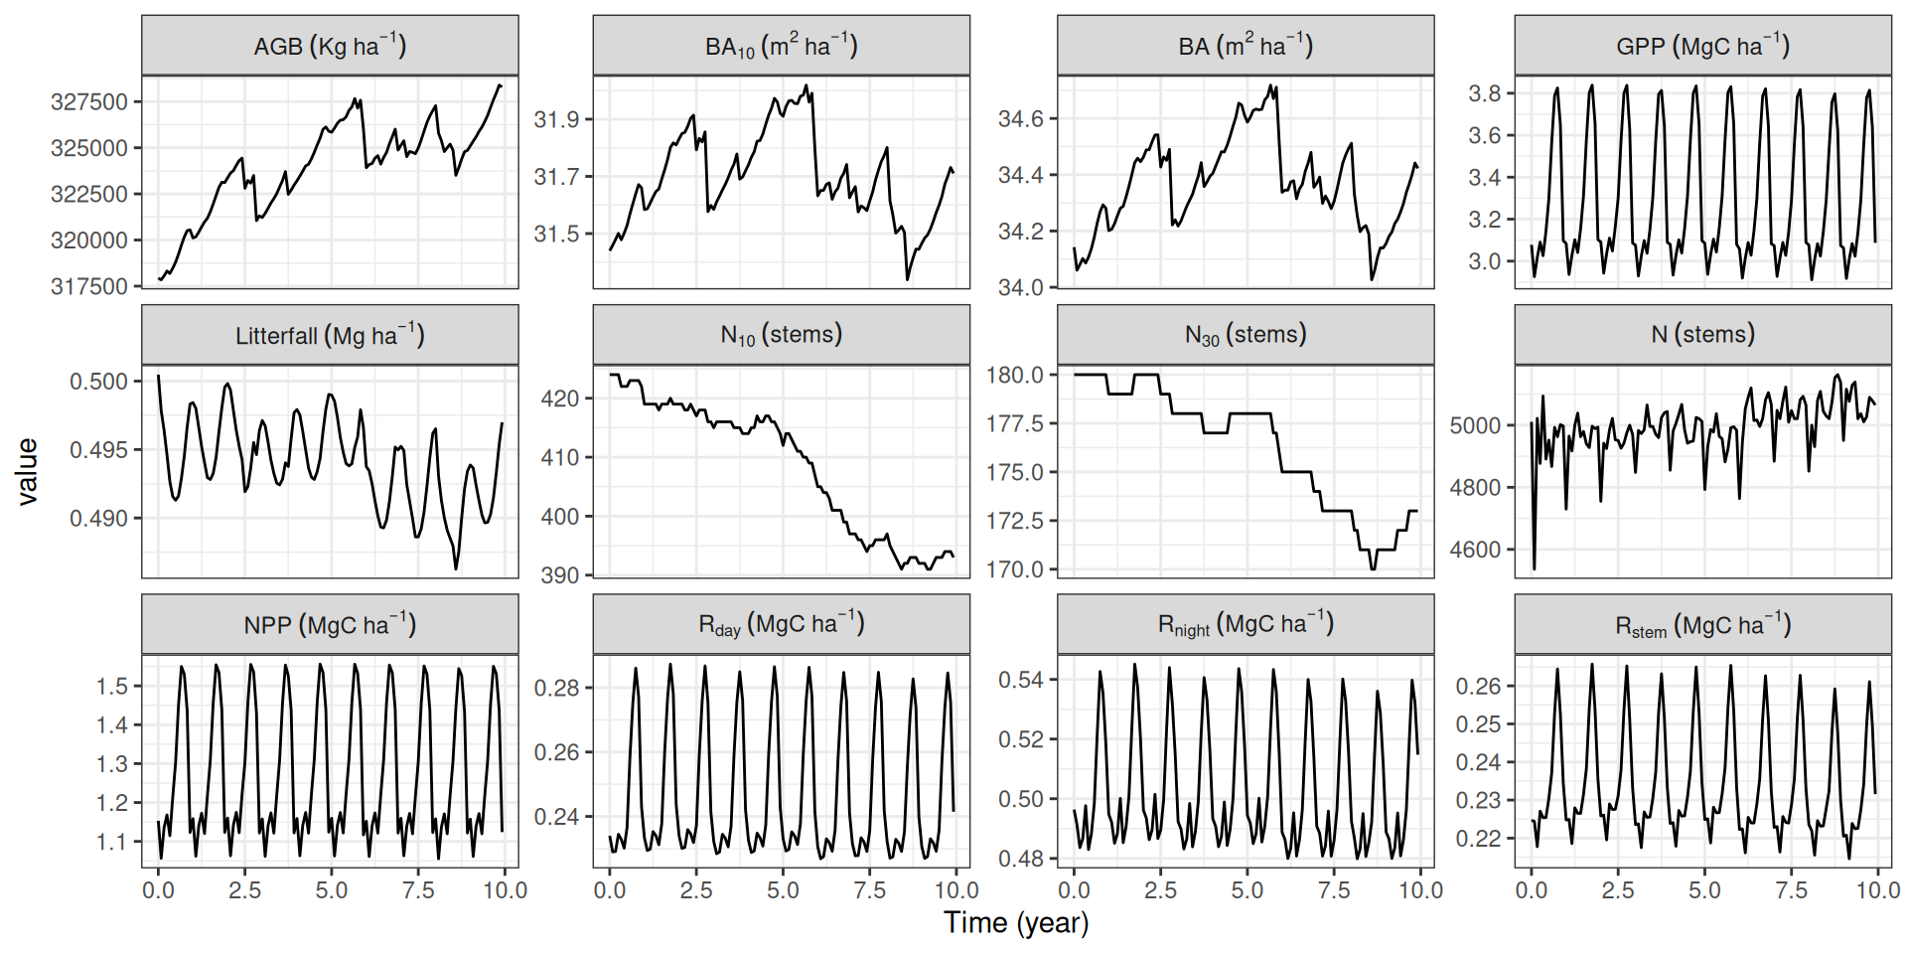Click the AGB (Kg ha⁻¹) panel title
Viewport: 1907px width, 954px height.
coord(330,46)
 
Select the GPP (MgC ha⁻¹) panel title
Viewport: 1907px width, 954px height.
coord(1702,46)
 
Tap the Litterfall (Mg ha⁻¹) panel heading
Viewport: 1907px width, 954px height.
coord(330,336)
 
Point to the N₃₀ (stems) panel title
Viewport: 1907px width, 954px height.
coord(1246,335)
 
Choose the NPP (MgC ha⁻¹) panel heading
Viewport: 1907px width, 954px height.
coord(330,625)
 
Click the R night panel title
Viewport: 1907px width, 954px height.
coord(1246,625)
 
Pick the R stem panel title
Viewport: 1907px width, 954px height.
coord(1702,625)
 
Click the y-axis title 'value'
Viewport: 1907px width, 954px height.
coord(27,472)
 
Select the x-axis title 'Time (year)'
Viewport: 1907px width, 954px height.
coord(1016,923)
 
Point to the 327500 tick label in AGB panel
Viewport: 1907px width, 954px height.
coord(89,102)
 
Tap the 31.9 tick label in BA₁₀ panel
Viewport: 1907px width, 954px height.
coord(556,119)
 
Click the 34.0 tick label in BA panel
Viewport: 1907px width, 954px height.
coord(1021,287)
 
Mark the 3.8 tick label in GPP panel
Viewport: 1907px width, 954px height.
coord(1485,93)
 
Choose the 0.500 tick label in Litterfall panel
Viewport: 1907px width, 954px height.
coord(98,382)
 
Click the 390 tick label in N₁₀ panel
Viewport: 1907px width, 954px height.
coord(560,575)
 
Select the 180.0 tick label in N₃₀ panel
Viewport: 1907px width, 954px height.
coord(1015,375)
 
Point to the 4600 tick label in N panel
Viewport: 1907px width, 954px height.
coord(1475,550)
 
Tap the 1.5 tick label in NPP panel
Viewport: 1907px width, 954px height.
coord(111,686)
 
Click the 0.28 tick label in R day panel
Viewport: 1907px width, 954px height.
coord(556,688)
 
